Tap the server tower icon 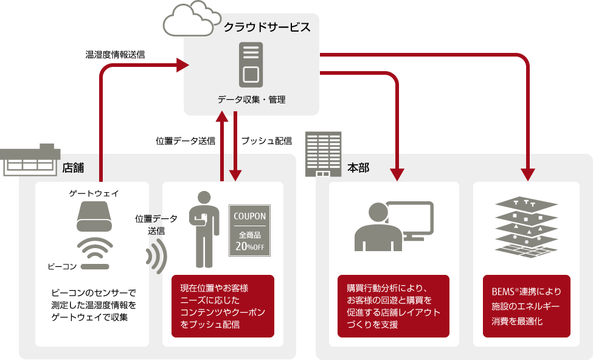point(251,65)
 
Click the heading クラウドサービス point(267,27)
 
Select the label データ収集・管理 point(251,99)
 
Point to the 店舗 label point(73,167)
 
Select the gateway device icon point(95,216)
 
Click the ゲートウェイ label point(94,193)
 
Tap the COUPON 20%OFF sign point(249,230)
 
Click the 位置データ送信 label point(156,226)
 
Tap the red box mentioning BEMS point(527,306)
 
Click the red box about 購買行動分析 point(394,306)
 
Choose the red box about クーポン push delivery point(223,306)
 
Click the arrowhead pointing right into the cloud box point(182,64)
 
